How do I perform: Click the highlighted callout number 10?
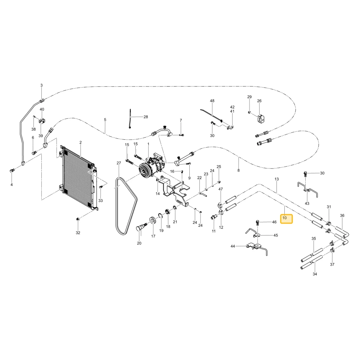pyautogui.click(x=284, y=218)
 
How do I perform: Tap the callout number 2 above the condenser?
pyautogui.click(x=81, y=143)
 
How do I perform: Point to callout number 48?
pyautogui.click(x=212, y=101)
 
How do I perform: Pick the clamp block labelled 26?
pyautogui.click(x=261, y=119)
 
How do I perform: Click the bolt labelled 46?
pyautogui.click(x=258, y=222)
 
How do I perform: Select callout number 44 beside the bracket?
pyautogui.click(x=233, y=246)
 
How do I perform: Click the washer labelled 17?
pyautogui.click(x=152, y=220)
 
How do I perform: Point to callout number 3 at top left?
pyautogui.click(x=41, y=85)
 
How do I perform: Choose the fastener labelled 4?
pyautogui.click(x=12, y=170)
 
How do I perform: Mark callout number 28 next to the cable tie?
pyautogui.click(x=146, y=117)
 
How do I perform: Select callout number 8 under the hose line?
pyautogui.click(x=239, y=170)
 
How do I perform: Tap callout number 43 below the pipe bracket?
pyautogui.click(x=307, y=203)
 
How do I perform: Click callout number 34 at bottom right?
pyautogui.click(x=315, y=274)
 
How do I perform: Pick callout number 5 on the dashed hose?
pyautogui.click(x=105, y=120)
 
